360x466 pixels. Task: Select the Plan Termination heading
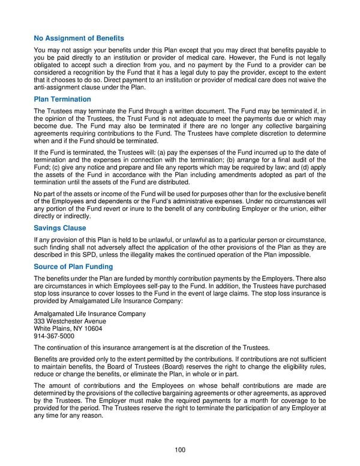(x=62, y=99)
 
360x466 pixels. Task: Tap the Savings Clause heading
(x=60, y=228)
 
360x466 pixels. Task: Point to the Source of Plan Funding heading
(x=73, y=267)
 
